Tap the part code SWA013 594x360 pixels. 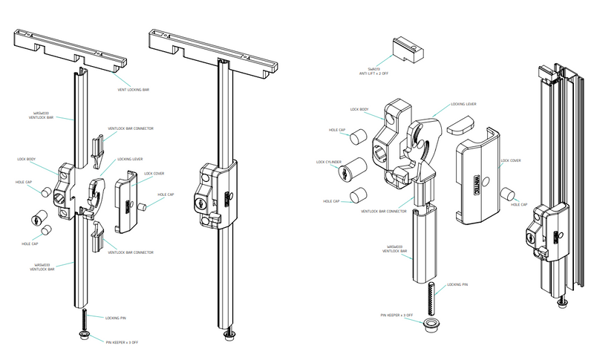coord(385,68)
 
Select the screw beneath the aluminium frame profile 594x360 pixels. coord(563,302)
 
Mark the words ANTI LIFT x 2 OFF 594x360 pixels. coord(385,73)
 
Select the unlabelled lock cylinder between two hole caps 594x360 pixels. coord(35,220)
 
